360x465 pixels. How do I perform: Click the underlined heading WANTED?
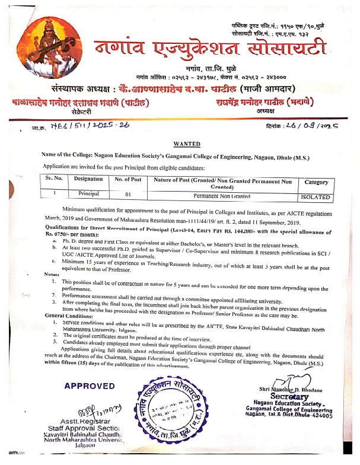188,144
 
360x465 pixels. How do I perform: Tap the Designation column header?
88,179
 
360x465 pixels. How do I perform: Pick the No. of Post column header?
128,179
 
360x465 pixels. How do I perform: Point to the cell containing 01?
128,194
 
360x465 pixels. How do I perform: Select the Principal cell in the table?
88,193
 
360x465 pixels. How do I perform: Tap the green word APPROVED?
90,386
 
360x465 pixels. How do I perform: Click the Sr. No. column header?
54,179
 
